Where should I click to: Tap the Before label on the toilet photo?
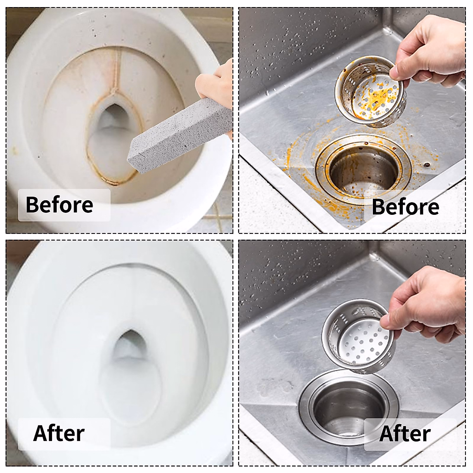click(60, 205)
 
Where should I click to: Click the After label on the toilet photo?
click(59, 433)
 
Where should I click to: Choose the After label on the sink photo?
click(404, 434)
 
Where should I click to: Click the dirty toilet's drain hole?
click(112, 118)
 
